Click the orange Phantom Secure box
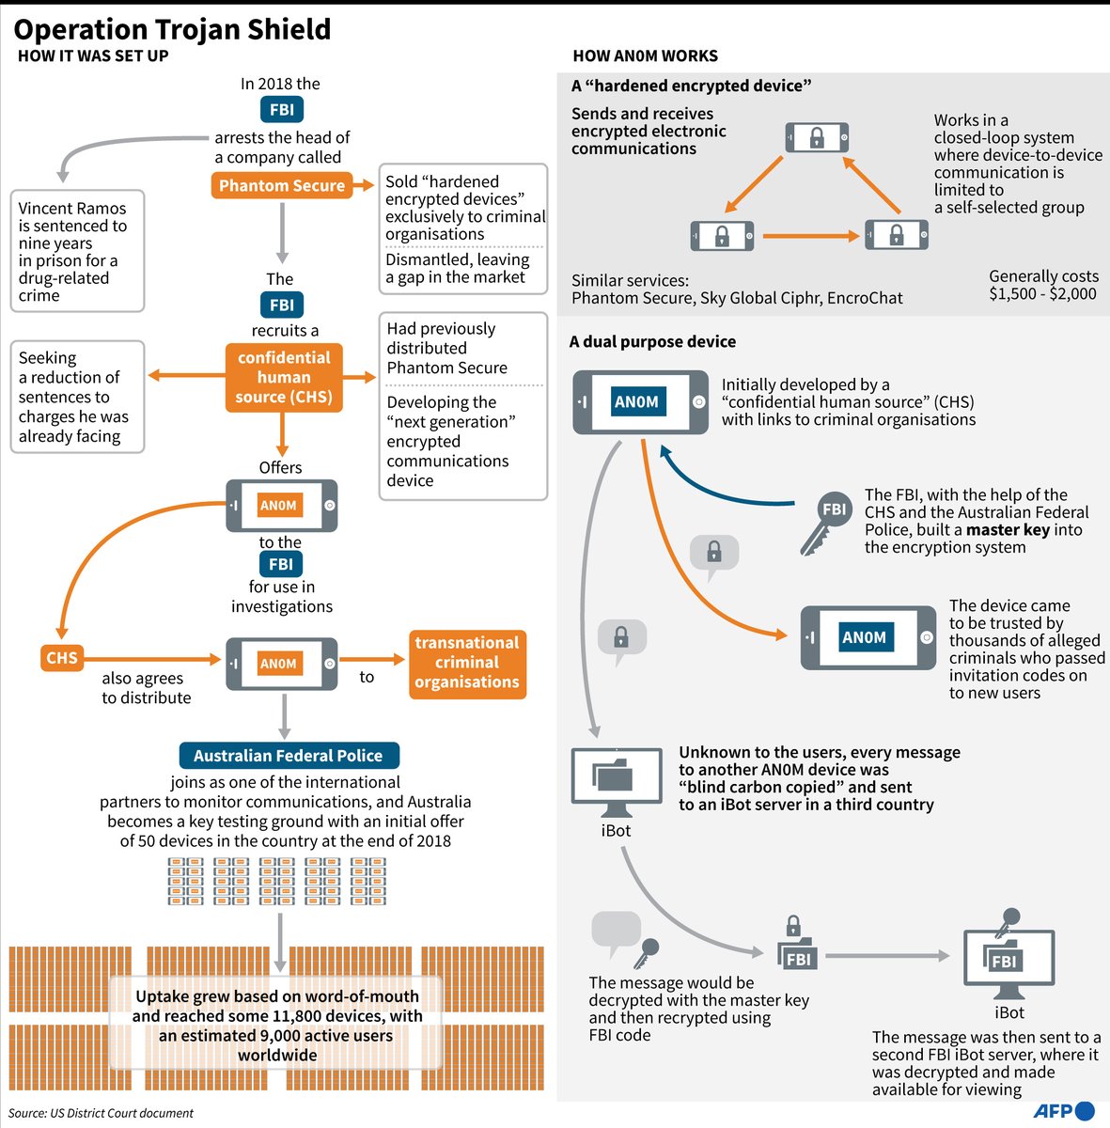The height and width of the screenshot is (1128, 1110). pos(282,185)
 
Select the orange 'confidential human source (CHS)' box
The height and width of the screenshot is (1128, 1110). pos(284,378)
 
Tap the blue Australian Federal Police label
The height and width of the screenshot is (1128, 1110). pos(289,755)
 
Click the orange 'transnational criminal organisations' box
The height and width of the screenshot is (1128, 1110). pos(467,664)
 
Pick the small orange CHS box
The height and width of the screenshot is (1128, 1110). pos(61,657)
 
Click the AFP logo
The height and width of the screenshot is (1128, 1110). pos(1063,1110)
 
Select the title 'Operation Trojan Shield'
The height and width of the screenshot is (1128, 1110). pos(172,29)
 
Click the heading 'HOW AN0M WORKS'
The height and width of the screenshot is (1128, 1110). pos(645,55)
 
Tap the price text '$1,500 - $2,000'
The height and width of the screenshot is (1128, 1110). pos(1042,294)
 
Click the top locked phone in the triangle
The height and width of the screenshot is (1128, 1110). pos(817,137)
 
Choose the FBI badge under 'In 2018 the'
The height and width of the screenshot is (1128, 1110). pos(282,109)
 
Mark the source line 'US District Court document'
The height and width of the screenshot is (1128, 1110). pos(121,1112)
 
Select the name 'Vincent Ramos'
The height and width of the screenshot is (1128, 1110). pos(72,209)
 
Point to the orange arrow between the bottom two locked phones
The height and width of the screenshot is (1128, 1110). pos(810,236)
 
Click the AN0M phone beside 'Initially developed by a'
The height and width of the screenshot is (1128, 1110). pos(640,402)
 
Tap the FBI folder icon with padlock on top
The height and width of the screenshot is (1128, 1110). pos(797,943)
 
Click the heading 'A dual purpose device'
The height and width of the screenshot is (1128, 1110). pos(652,341)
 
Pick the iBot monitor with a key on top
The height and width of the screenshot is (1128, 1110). pos(1008,954)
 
